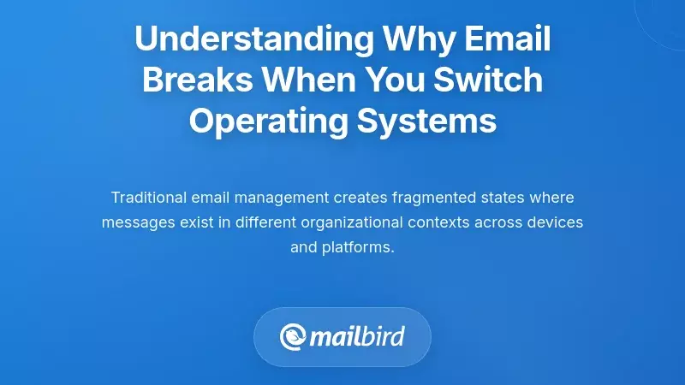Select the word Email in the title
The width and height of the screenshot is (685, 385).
[x=507, y=39]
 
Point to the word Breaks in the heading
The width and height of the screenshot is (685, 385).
[x=198, y=80]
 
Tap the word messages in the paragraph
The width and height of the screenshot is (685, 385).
[x=132, y=222]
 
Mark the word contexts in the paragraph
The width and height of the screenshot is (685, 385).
[x=443, y=222]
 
